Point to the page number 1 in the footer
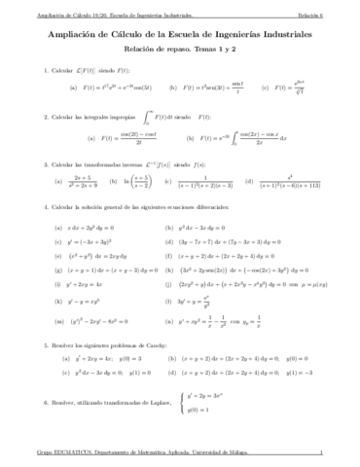pos(334,453)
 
